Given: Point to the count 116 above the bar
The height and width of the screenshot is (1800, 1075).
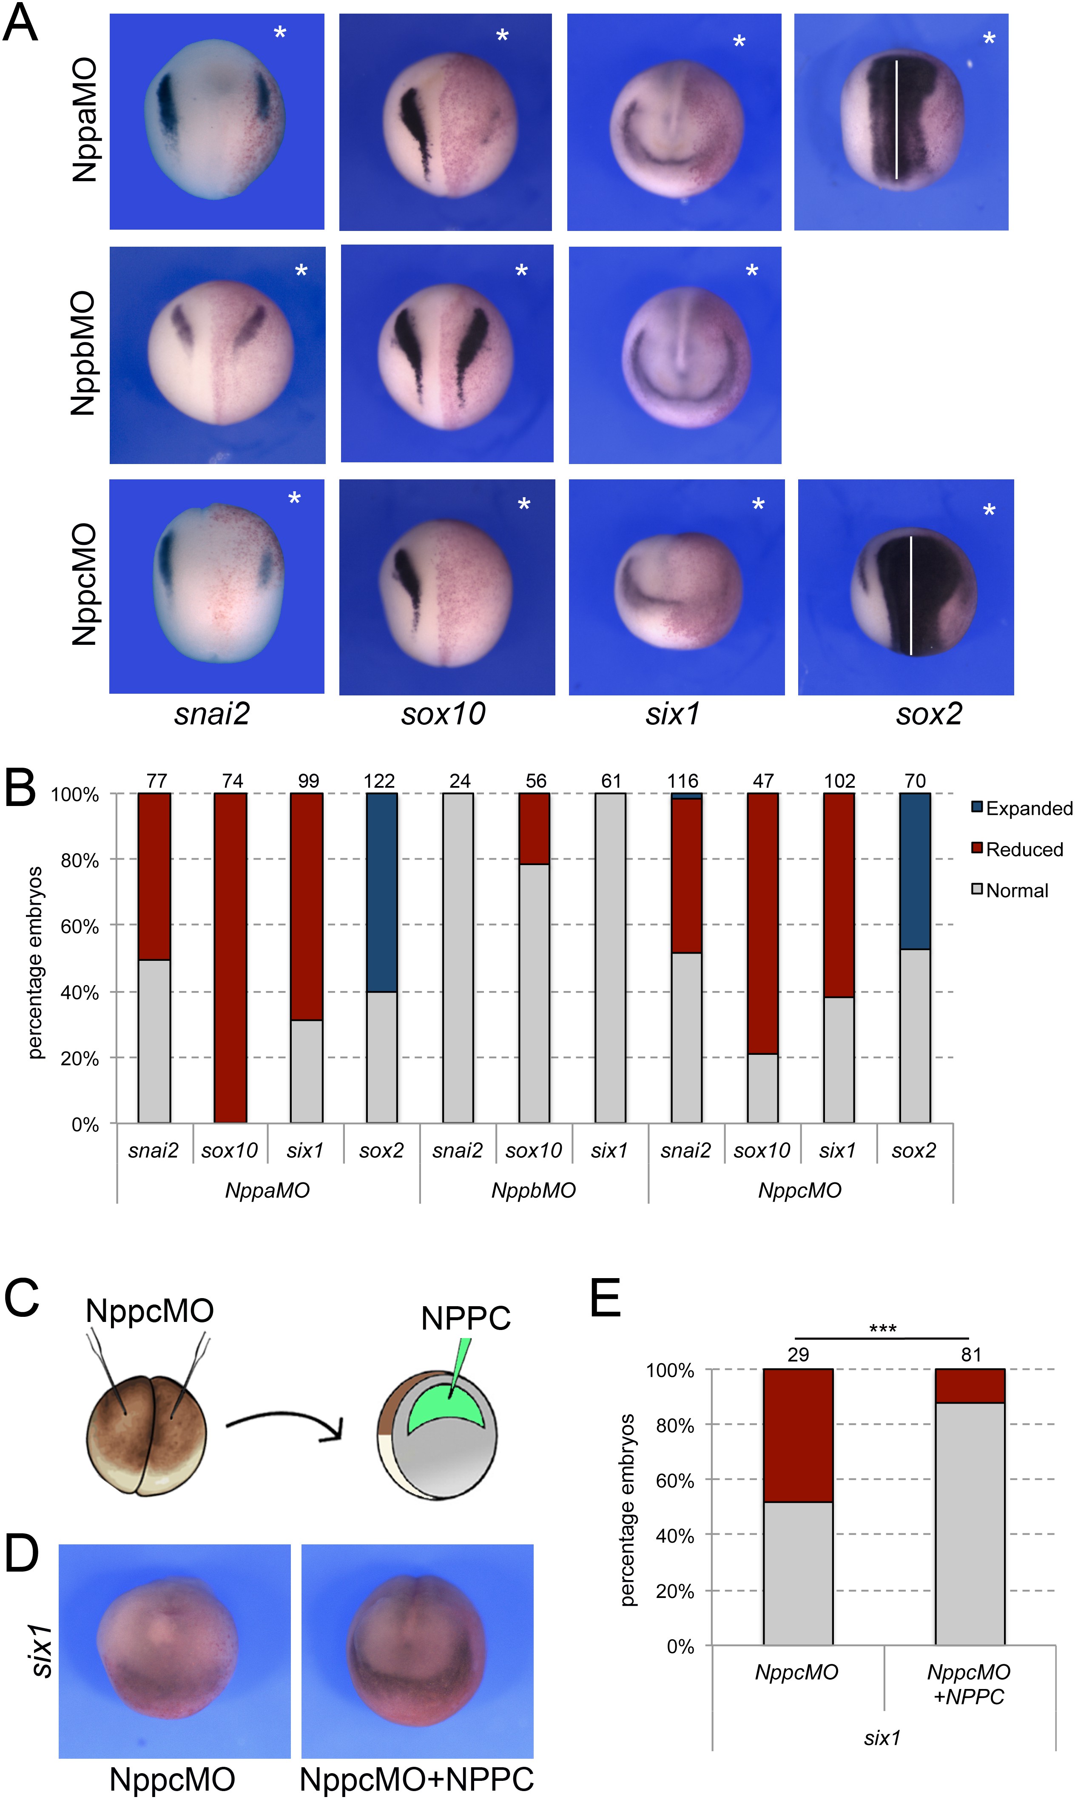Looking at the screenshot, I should (x=683, y=781).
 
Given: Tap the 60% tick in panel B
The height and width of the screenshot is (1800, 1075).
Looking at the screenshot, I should (x=80, y=926).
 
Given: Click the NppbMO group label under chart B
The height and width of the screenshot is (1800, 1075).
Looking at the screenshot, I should (x=534, y=1190).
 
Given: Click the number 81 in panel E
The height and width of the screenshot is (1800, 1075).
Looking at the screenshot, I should (x=971, y=1355).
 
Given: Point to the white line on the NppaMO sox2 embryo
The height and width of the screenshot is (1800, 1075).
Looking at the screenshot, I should (x=897, y=120).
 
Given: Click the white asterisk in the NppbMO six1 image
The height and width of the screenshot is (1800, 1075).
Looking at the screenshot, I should (x=752, y=272).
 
